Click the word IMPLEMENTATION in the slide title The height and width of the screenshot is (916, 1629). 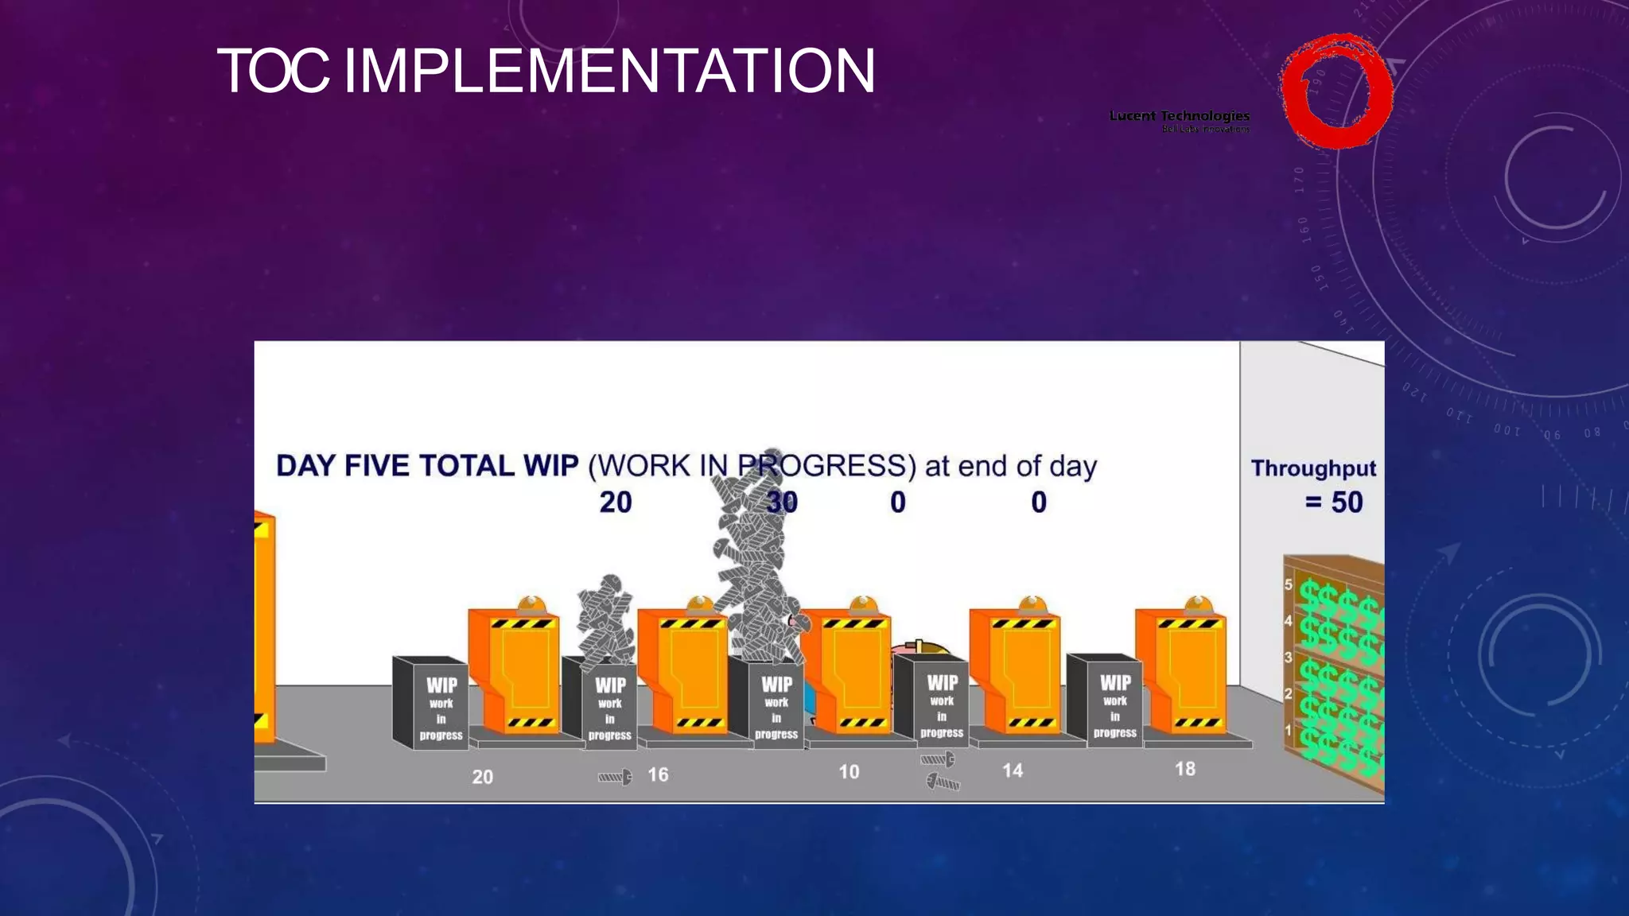(x=608, y=72)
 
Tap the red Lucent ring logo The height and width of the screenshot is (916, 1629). (x=1336, y=91)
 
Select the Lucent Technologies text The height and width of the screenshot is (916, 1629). (x=1179, y=116)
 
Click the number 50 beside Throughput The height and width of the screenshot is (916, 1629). (x=1347, y=503)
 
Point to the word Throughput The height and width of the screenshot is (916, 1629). (x=1313, y=468)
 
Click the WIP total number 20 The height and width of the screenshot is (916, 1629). (x=616, y=503)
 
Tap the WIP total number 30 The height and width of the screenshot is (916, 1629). (x=781, y=503)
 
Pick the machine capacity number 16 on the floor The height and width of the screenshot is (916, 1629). (x=658, y=774)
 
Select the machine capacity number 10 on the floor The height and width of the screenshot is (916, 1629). (x=849, y=772)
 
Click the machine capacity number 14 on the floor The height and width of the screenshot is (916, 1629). (x=1012, y=770)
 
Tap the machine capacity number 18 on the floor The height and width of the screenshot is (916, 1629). (x=1185, y=769)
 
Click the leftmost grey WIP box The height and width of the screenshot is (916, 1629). (x=430, y=704)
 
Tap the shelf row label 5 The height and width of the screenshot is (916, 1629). (x=1288, y=584)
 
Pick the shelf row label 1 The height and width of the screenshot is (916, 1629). (x=1288, y=730)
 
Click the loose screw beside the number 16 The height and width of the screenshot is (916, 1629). (x=615, y=777)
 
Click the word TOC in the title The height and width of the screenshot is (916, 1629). (x=273, y=72)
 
